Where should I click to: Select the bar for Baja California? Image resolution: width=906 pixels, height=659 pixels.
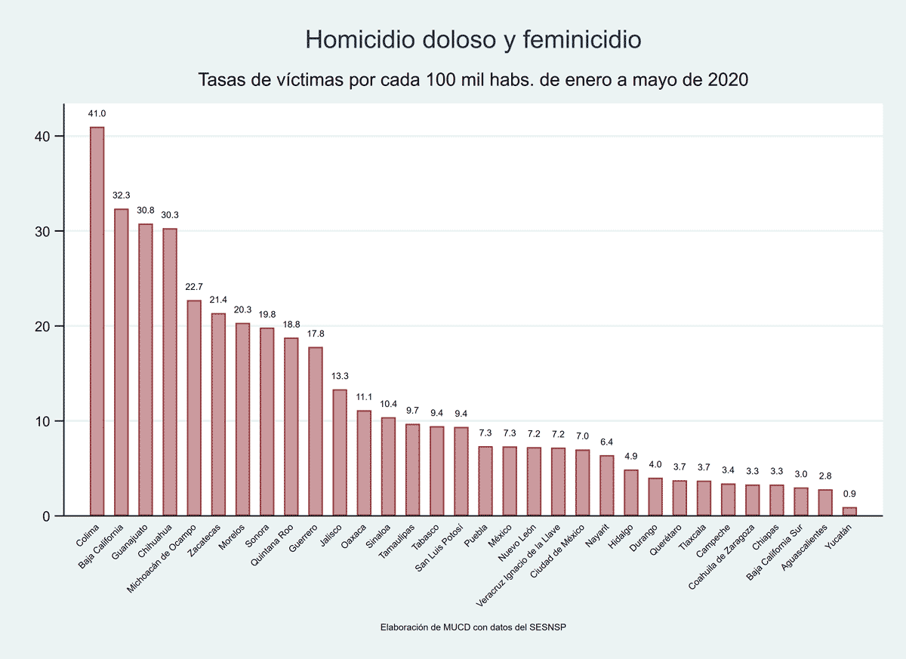pos(122,362)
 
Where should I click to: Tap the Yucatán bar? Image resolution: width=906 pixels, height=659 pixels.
pos(849,512)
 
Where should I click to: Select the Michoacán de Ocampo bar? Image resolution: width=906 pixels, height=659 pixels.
pos(194,408)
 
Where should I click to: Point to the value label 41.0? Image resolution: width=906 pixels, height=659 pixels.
pos(97,114)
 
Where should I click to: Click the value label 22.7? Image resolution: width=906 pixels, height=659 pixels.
pos(194,287)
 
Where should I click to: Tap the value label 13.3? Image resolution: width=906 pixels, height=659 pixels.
pos(340,376)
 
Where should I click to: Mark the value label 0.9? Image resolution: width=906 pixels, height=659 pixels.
pos(849,494)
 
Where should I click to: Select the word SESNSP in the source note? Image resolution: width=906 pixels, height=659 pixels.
pos(560,627)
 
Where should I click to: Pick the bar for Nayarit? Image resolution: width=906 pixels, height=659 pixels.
pos(606,485)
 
